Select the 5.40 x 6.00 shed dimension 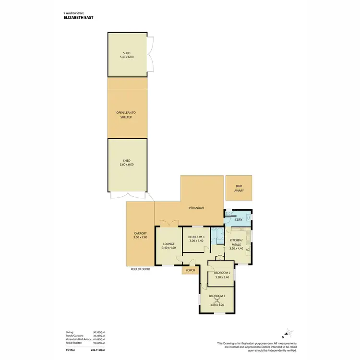click(127, 57)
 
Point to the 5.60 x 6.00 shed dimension click(127, 164)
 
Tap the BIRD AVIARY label click(239, 188)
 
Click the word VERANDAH click(196, 208)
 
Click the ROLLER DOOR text click(140, 269)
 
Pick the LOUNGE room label click(168, 244)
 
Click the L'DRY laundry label click(239, 220)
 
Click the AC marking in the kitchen click(248, 249)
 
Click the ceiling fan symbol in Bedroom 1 click(217, 300)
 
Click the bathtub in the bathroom click(219, 236)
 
